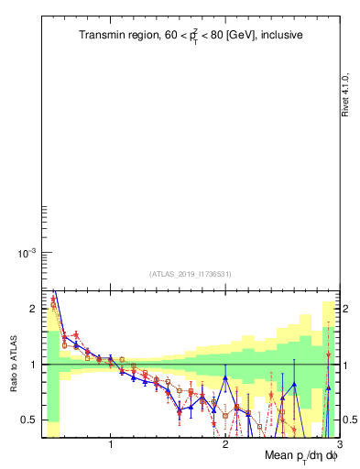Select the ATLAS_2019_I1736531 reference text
191,274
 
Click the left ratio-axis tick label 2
32,310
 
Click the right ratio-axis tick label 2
348,310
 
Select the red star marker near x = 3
328,354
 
